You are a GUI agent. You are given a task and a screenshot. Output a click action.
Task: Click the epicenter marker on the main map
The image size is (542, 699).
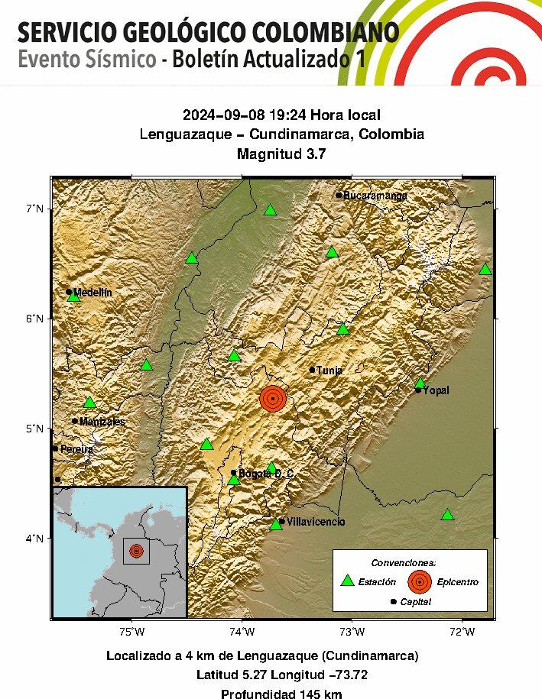coord(273,398)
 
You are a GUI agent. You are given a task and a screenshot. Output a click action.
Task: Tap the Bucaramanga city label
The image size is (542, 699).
coord(375,196)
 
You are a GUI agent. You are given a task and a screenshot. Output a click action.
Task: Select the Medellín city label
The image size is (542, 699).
coord(92,293)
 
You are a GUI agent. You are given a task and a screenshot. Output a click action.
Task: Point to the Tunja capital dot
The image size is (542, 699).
coord(312,370)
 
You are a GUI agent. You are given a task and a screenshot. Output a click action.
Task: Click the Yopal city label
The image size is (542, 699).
coord(437,390)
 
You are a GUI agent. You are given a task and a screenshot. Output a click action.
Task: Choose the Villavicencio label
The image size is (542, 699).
coord(316,522)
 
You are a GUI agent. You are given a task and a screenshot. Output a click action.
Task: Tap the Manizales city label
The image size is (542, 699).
coord(102,422)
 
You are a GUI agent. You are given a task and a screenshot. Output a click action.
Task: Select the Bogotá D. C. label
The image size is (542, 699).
coord(266,474)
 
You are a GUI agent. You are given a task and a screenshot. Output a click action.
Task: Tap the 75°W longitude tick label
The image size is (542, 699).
coord(132,631)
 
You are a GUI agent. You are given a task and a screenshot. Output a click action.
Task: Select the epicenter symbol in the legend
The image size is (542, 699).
coord(418,581)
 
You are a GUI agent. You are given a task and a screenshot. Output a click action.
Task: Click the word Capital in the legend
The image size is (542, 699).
coord(416,602)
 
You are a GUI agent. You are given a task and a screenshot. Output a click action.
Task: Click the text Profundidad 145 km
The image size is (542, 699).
coord(281,694)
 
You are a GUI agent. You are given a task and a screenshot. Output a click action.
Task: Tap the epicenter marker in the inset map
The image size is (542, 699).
coord(136,550)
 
